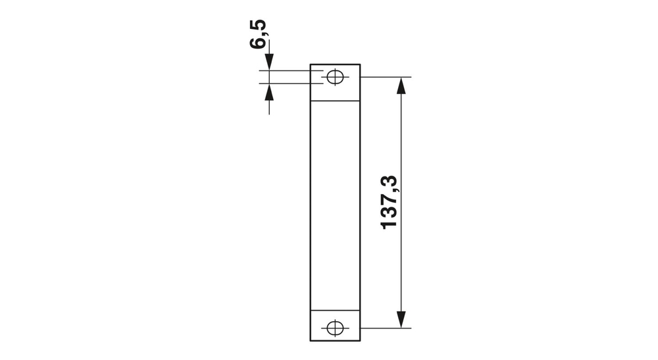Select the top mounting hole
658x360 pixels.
click(x=335, y=77)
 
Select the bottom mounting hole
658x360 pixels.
click(x=335, y=327)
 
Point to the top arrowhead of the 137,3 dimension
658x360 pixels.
click(x=400, y=85)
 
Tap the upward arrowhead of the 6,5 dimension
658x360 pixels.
click(x=268, y=91)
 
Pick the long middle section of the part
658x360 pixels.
click(x=335, y=204)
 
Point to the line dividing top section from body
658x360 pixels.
click(x=335, y=101)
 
